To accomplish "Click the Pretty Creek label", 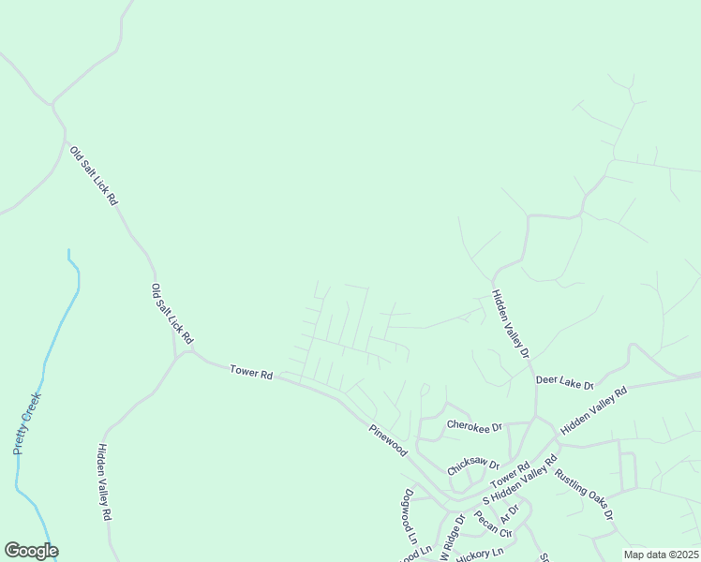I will click(x=28, y=422).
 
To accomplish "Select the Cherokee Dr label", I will click(x=473, y=425).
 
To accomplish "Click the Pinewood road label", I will click(x=388, y=439).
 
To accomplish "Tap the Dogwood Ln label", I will click(x=409, y=516).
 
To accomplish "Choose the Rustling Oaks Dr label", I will click(x=584, y=494).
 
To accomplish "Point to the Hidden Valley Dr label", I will click(x=512, y=324).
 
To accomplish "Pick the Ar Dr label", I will click(x=509, y=513).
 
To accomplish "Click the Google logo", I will click(x=32, y=551).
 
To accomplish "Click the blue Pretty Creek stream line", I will click(x=58, y=318).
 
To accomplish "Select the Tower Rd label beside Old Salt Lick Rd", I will click(x=250, y=373).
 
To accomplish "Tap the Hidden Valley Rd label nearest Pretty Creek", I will click(x=104, y=482).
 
